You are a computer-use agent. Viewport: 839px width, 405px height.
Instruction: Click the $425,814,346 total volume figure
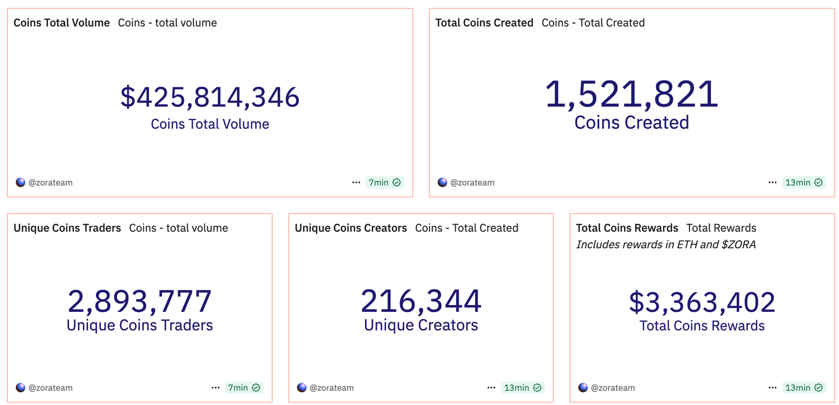point(210,97)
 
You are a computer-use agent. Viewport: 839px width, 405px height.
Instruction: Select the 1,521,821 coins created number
point(631,95)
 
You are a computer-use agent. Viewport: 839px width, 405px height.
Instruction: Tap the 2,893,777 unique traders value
point(139,301)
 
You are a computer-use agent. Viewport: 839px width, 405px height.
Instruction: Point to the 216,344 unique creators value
point(421,301)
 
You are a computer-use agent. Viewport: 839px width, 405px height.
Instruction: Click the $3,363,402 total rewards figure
point(702,302)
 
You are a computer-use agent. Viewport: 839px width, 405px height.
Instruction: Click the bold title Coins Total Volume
point(62,23)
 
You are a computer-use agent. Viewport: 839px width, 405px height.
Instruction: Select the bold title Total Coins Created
point(484,23)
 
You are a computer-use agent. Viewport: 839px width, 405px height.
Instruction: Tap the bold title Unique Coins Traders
point(67,228)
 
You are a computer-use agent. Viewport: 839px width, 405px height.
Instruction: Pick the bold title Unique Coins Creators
point(351,228)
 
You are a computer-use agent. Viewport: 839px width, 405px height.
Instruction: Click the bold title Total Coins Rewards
point(627,228)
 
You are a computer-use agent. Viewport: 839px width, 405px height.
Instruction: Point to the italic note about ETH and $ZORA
point(666,245)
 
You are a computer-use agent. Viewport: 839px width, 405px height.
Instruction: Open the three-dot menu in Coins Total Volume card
point(356,182)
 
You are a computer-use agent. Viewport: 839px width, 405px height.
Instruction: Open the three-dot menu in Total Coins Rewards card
point(772,388)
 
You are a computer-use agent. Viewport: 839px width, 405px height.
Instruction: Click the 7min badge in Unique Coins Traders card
point(244,388)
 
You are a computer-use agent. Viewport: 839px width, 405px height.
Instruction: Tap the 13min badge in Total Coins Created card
point(803,182)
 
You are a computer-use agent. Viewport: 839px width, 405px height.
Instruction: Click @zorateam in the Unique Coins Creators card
point(331,388)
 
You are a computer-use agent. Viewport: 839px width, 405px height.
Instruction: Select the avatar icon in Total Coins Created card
point(443,182)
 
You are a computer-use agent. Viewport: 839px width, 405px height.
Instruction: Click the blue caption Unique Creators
point(421,325)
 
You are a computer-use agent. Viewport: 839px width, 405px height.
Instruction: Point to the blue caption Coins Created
point(631,123)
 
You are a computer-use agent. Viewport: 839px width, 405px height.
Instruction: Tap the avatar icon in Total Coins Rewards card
point(583,388)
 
